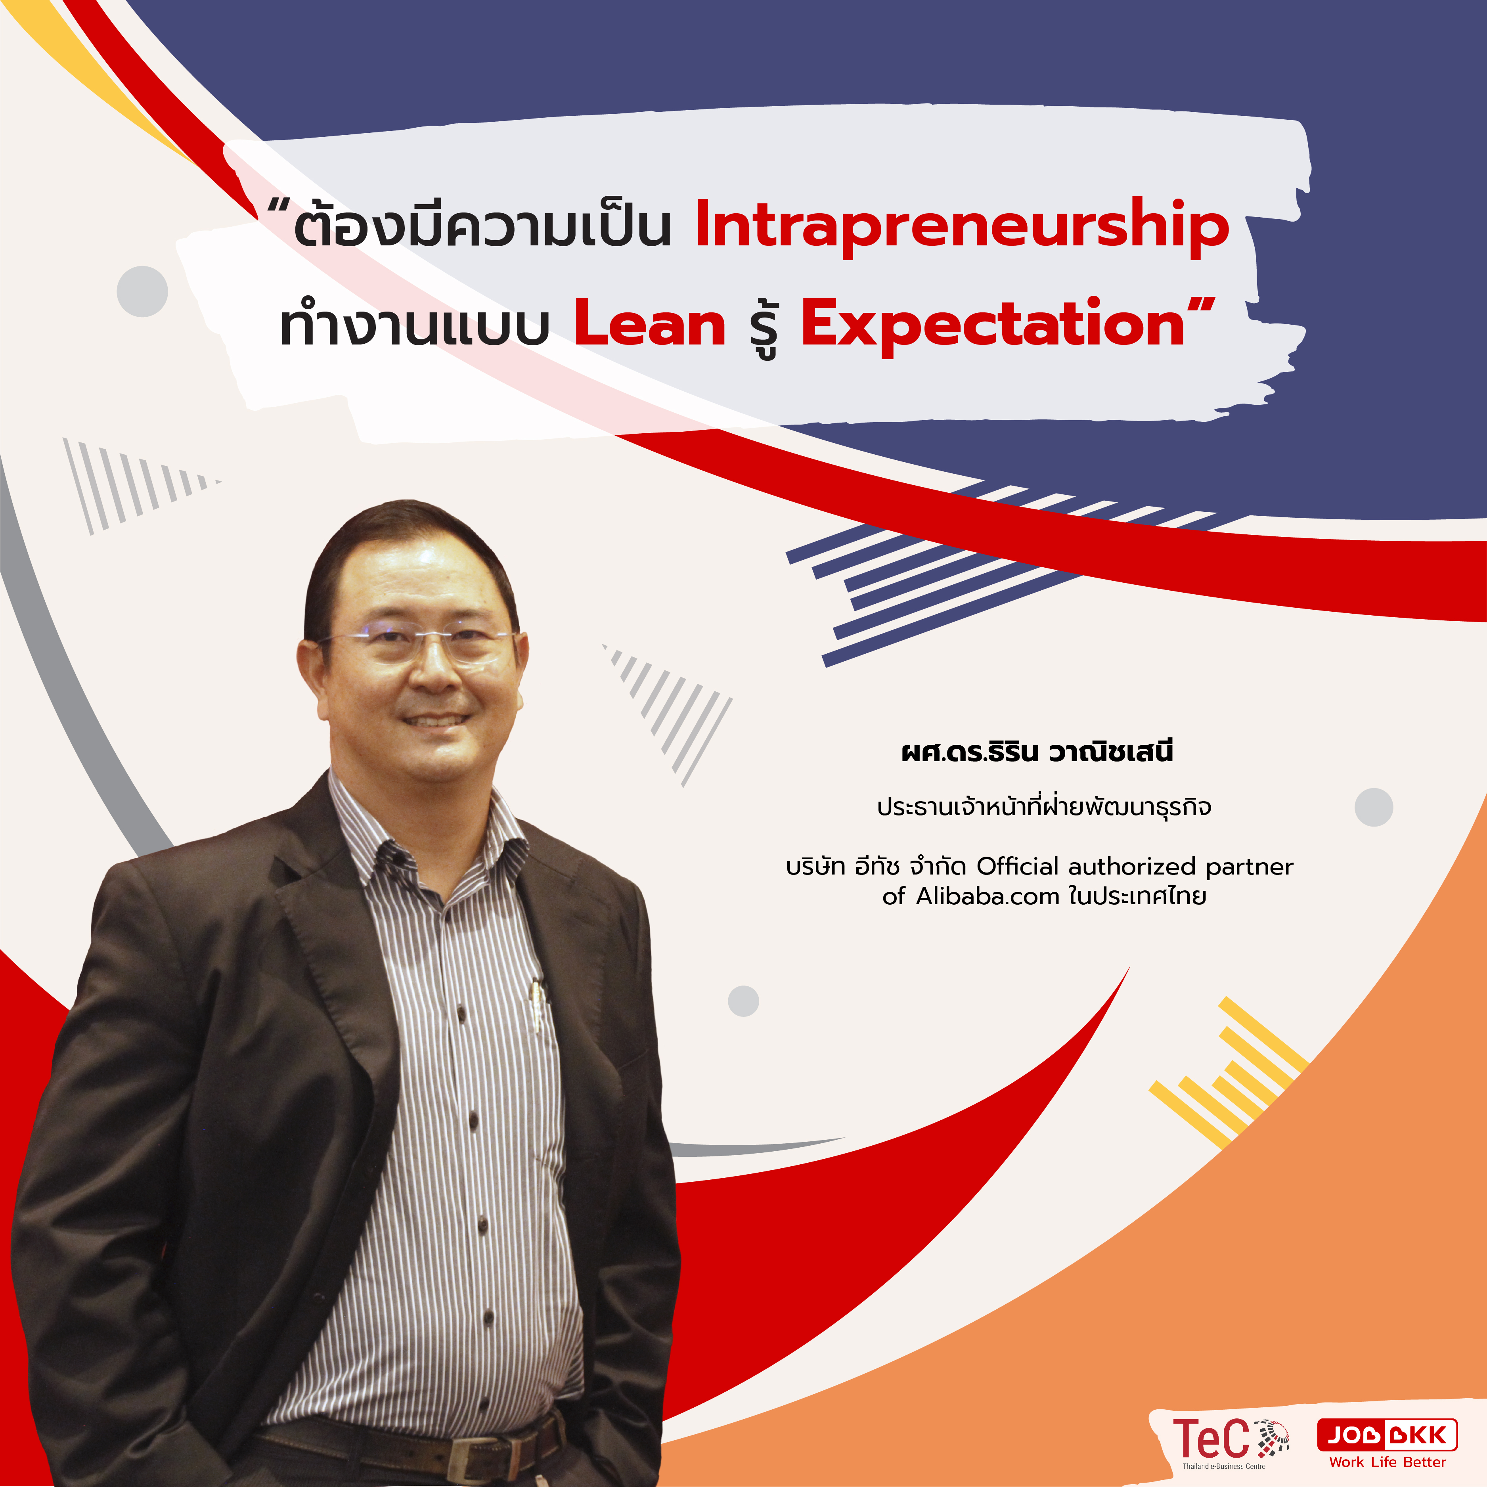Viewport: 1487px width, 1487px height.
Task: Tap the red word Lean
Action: click(x=651, y=323)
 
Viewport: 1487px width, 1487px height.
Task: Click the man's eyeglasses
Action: click(x=419, y=645)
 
